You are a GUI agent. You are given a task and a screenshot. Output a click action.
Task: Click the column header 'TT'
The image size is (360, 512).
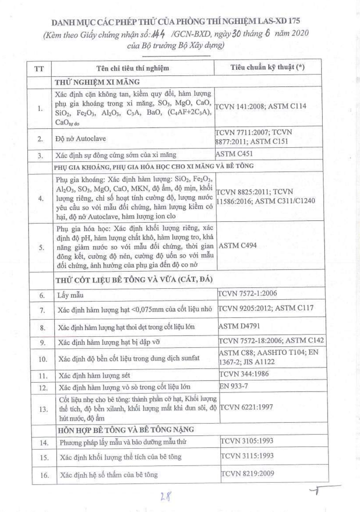39,68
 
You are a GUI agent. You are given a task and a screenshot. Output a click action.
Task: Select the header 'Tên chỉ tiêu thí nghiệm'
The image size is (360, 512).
133,68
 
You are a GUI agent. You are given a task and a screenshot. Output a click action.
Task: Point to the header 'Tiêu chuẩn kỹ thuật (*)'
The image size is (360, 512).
267,67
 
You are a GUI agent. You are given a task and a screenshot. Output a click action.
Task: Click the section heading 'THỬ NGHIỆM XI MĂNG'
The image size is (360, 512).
97,82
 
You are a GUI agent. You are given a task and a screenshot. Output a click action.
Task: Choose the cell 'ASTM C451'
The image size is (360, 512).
234,154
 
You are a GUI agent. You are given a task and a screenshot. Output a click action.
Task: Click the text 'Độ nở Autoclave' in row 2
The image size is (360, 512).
81,139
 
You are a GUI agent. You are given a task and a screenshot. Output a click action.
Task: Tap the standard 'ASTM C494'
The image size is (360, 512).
238,245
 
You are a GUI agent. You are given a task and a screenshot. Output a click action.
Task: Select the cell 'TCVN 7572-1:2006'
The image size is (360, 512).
247,293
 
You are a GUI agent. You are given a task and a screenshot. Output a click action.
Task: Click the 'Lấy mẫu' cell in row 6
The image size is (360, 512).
70,295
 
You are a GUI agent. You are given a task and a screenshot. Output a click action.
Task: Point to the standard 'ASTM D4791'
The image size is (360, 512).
239,326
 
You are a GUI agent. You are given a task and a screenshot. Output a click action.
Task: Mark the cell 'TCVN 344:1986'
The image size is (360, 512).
244,374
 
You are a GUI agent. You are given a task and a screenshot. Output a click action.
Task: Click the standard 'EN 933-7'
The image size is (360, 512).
234,386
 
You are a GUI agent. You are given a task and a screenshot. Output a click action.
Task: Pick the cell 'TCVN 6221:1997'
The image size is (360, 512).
246,407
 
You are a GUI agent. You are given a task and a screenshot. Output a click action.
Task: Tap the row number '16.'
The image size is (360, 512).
44,475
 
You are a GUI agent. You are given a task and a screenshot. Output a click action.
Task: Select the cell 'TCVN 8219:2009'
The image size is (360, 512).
247,473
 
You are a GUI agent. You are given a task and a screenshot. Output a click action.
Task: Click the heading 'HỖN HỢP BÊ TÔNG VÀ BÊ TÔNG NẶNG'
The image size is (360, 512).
126,429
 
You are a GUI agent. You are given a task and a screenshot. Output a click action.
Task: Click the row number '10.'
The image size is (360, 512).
43,359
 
